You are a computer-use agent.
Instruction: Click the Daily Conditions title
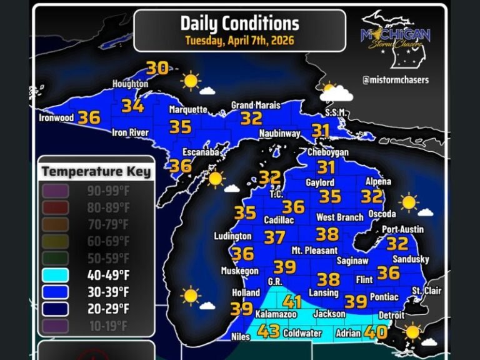239,24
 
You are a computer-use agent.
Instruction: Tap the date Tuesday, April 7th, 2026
239,41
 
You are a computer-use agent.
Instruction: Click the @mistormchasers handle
396,80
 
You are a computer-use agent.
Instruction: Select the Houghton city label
130,84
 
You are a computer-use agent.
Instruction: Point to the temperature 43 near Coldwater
269,331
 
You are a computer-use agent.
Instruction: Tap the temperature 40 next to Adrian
376,332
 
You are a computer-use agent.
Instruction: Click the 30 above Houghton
157,67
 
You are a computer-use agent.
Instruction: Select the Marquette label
188,109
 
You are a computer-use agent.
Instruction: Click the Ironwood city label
56,117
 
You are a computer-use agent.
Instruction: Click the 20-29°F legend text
108,309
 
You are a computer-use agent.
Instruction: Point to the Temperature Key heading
96,171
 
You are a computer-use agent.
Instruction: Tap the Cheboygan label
327,152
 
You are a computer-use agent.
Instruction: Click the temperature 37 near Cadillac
274,237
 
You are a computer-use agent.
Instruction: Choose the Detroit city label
391,316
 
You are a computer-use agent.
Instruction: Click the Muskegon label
239,271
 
